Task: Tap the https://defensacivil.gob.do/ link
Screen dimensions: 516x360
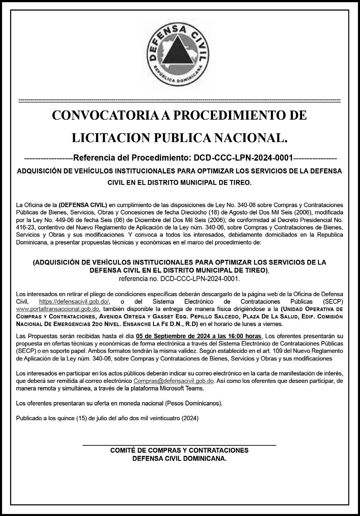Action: point(74,302)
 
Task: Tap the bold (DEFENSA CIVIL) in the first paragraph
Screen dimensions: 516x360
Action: point(83,205)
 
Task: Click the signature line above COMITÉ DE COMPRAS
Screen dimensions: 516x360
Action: point(179,445)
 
